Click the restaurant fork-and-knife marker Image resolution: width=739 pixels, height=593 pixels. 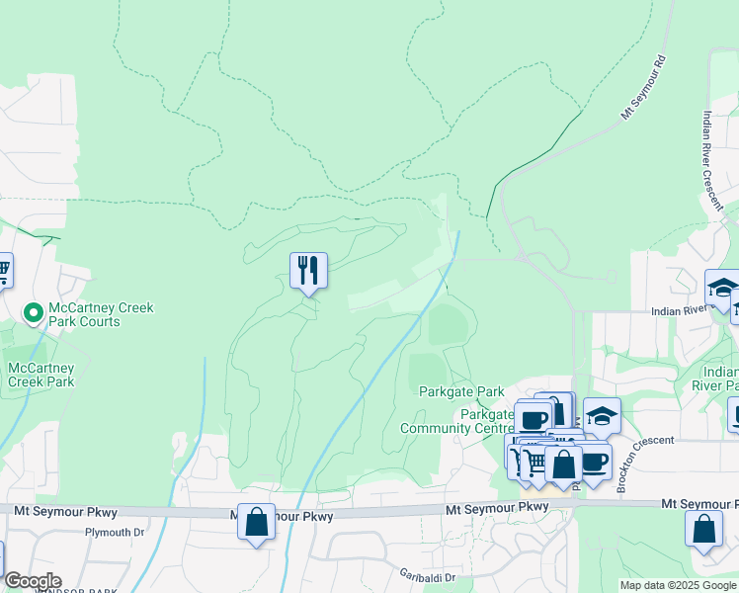[x=308, y=269]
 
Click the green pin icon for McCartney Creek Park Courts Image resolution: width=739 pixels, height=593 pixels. [x=33, y=314]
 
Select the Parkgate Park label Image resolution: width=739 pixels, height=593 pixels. [x=461, y=392]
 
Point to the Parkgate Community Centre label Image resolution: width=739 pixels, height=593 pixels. [x=457, y=421]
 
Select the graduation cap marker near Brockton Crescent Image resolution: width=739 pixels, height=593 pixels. [x=602, y=415]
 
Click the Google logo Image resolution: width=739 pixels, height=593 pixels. [x=32, y=581]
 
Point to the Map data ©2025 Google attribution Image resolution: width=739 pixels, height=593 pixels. [x=678, y=585]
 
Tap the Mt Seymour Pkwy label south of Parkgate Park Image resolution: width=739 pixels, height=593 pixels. [x=496, y=508]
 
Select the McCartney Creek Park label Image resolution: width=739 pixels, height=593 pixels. [x=40, y=375]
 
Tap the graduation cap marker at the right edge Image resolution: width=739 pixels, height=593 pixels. [x=722, y=289]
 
